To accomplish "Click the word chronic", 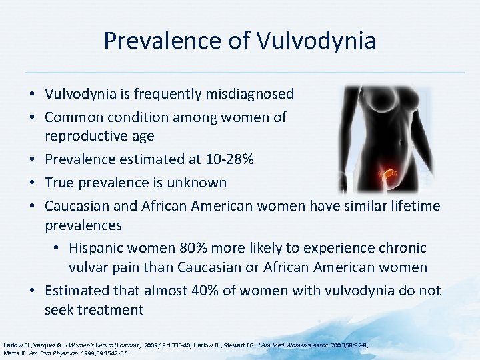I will point(401,248).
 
